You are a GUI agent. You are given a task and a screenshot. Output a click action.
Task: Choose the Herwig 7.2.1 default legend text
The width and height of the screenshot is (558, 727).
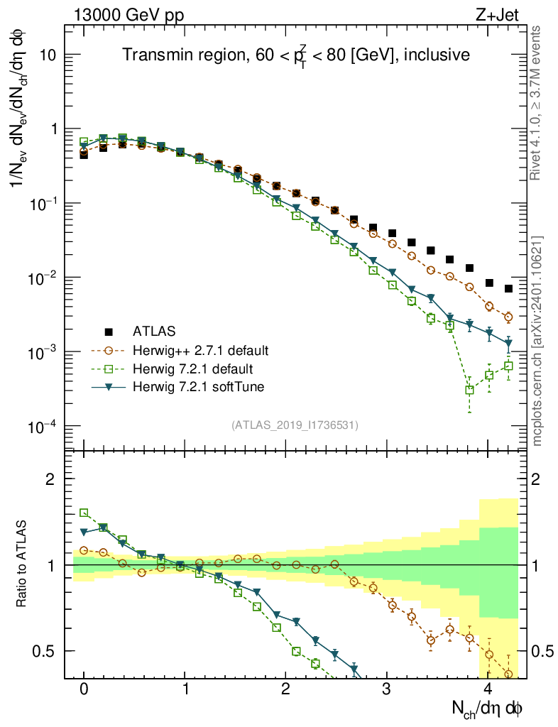[193, 368]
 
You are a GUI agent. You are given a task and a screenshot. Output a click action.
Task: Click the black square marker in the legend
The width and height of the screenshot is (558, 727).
[109, 331]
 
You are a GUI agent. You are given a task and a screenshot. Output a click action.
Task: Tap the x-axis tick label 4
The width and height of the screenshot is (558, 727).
[488, 689]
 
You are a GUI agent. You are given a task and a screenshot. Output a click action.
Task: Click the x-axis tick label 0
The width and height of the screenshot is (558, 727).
[84, 689]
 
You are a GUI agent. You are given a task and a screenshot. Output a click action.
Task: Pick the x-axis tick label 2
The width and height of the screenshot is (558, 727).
[285, 689]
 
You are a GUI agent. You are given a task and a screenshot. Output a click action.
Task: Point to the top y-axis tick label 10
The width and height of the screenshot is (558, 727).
[45, 55]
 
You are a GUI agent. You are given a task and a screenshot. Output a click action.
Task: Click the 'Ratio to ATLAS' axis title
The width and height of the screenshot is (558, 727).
[23, 564]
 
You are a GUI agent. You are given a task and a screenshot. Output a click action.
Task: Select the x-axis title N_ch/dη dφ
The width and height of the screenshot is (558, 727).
[487, 709]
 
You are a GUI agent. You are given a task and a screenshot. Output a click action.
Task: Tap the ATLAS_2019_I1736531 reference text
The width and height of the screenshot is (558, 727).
[295, 425]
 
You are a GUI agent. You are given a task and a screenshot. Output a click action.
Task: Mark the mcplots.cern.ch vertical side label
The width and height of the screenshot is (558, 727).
[537, 341]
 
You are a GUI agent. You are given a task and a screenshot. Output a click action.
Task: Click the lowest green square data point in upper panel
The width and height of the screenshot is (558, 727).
[470, 390]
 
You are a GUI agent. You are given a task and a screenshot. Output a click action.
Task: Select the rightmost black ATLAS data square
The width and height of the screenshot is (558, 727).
[508, 288]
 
